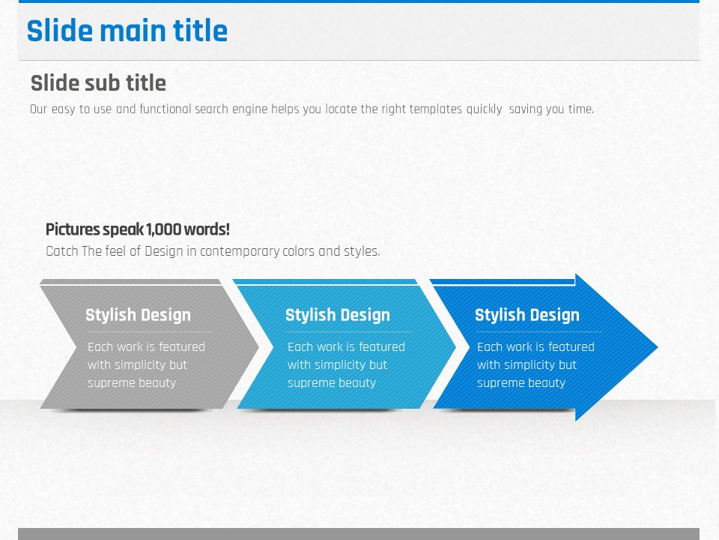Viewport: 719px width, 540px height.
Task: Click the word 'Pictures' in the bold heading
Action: [x=73, y=229]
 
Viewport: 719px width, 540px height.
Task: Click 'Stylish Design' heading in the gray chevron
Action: [x=138, y=316]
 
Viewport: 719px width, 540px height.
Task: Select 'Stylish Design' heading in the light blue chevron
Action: [x=338, y=316]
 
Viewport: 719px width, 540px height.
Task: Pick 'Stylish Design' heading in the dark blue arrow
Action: [x=527, y=316]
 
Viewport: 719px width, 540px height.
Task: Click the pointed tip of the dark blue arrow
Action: [x=658, y=347]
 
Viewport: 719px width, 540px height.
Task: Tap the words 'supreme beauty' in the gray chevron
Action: [x=132, y=383]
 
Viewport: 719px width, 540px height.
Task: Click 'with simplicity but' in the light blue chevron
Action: [x=337, y=365]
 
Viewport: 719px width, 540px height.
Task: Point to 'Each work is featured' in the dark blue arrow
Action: [x=536, y=347]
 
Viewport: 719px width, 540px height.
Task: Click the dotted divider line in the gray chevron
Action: [x=150, y=331]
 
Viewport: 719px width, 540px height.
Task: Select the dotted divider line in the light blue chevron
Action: [x=350, y=331]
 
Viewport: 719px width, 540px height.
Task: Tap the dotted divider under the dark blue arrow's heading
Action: [x=539, y=331]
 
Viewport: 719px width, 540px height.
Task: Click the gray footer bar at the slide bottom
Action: [x=359, y=534]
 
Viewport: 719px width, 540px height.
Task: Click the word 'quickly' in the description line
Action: [x=485, y=109]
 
